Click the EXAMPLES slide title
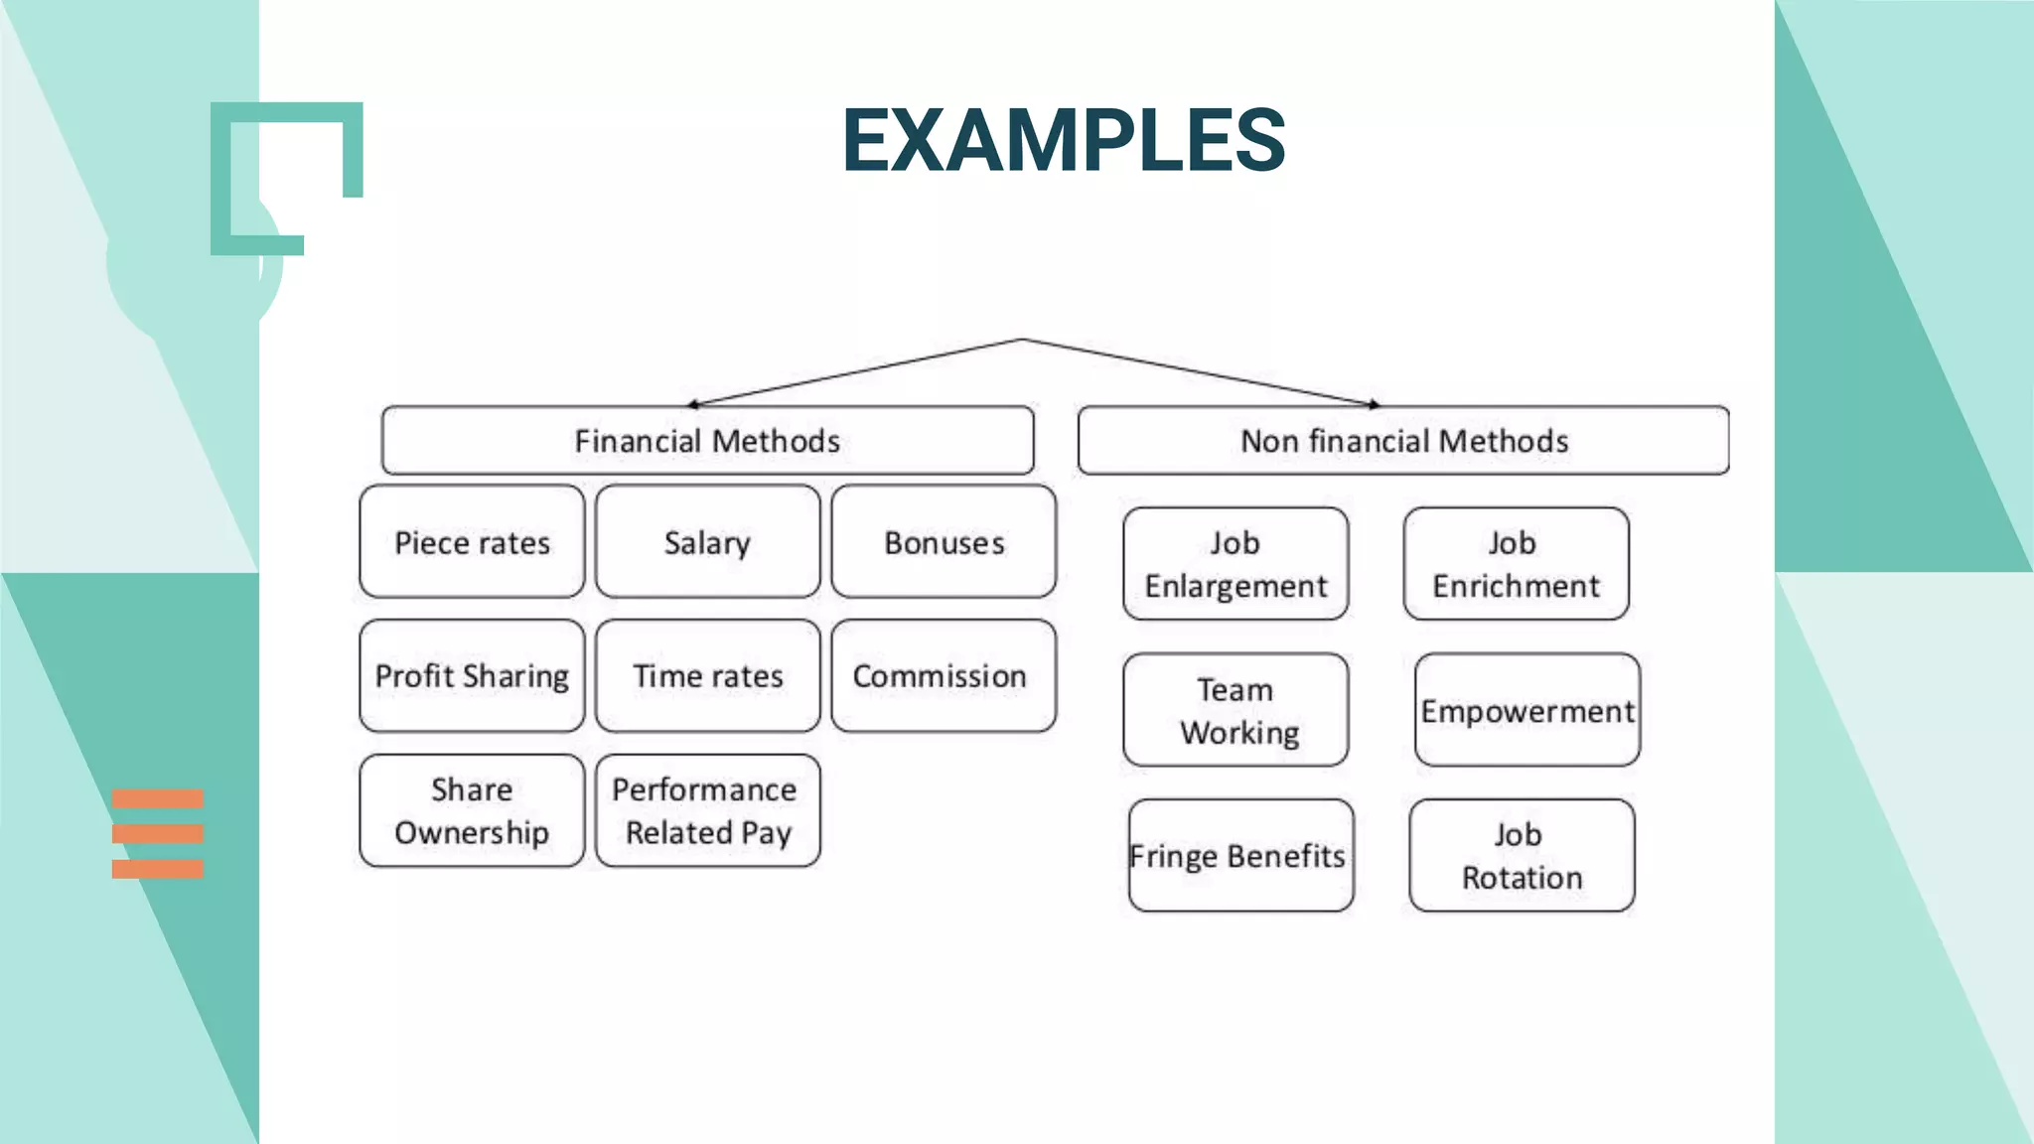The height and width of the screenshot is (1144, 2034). coord(1064,140)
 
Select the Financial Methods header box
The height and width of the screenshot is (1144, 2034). coord(707,440)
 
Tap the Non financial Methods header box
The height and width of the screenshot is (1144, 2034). coord(1403,440)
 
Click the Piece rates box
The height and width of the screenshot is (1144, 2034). coord(472,542)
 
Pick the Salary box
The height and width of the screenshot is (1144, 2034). coord(707,542)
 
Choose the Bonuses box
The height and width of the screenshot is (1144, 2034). coord(944,542)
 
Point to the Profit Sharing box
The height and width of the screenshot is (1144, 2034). coord(472,676)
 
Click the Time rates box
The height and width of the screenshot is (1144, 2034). coord(707,676)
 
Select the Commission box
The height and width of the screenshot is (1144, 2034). coord(944,676)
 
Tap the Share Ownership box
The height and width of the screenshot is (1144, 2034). coord(472,810)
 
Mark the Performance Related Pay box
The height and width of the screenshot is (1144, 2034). coord(707,810)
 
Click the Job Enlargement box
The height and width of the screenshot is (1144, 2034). coord(1235,564)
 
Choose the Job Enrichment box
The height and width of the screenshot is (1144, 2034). coord(1516,564)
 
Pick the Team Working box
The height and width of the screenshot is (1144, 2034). coord(1235,710)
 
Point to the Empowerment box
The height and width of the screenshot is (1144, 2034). coord(1527,710)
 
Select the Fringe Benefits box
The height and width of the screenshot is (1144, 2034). coord(1240,855)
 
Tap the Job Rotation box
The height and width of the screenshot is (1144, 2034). coord(1522,855)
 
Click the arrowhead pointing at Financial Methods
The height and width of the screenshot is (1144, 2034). coord(693,404)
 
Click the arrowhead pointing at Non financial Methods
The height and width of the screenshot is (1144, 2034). coord(1375,404)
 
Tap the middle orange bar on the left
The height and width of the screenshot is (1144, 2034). coord(157,834)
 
